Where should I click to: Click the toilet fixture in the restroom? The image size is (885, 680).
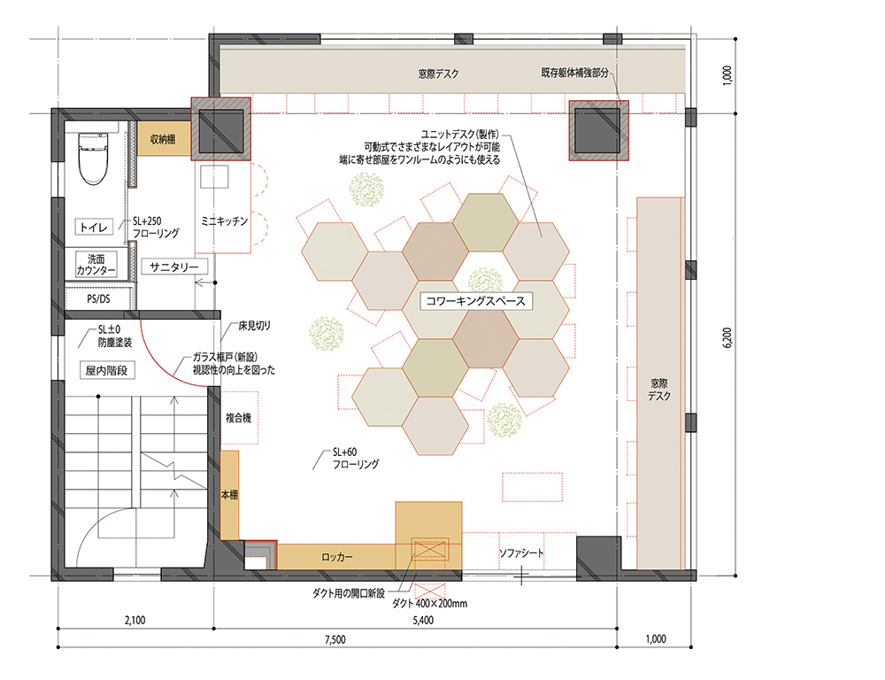click(93, 158)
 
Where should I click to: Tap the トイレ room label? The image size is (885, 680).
click(94, 227)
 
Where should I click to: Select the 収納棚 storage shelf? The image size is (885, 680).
click(164, 139)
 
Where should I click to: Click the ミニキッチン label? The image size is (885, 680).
click(224, 221)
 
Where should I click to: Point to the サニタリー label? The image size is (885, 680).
click(173, 267)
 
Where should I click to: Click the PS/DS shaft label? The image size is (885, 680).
click(98, 298)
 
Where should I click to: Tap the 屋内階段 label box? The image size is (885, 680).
click(107, 370)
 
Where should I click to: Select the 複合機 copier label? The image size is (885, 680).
click(238, 418)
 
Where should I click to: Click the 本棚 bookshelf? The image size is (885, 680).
click(229, 495)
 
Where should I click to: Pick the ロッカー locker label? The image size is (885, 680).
click(337, 557)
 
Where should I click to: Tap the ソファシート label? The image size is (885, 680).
click(521, 552)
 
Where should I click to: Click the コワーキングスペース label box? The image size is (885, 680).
click(476, 301)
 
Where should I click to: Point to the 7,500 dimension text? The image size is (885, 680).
click(335, 640)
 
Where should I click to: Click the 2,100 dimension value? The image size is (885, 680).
click(135, 620)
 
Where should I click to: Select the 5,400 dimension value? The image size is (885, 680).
click(423, 620)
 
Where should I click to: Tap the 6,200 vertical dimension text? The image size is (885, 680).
click(727, 337)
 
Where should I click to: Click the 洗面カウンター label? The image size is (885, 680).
click(96, 265)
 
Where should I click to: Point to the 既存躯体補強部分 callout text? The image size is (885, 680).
click(574, 73)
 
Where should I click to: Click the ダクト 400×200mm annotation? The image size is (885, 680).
click(429, 603)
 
